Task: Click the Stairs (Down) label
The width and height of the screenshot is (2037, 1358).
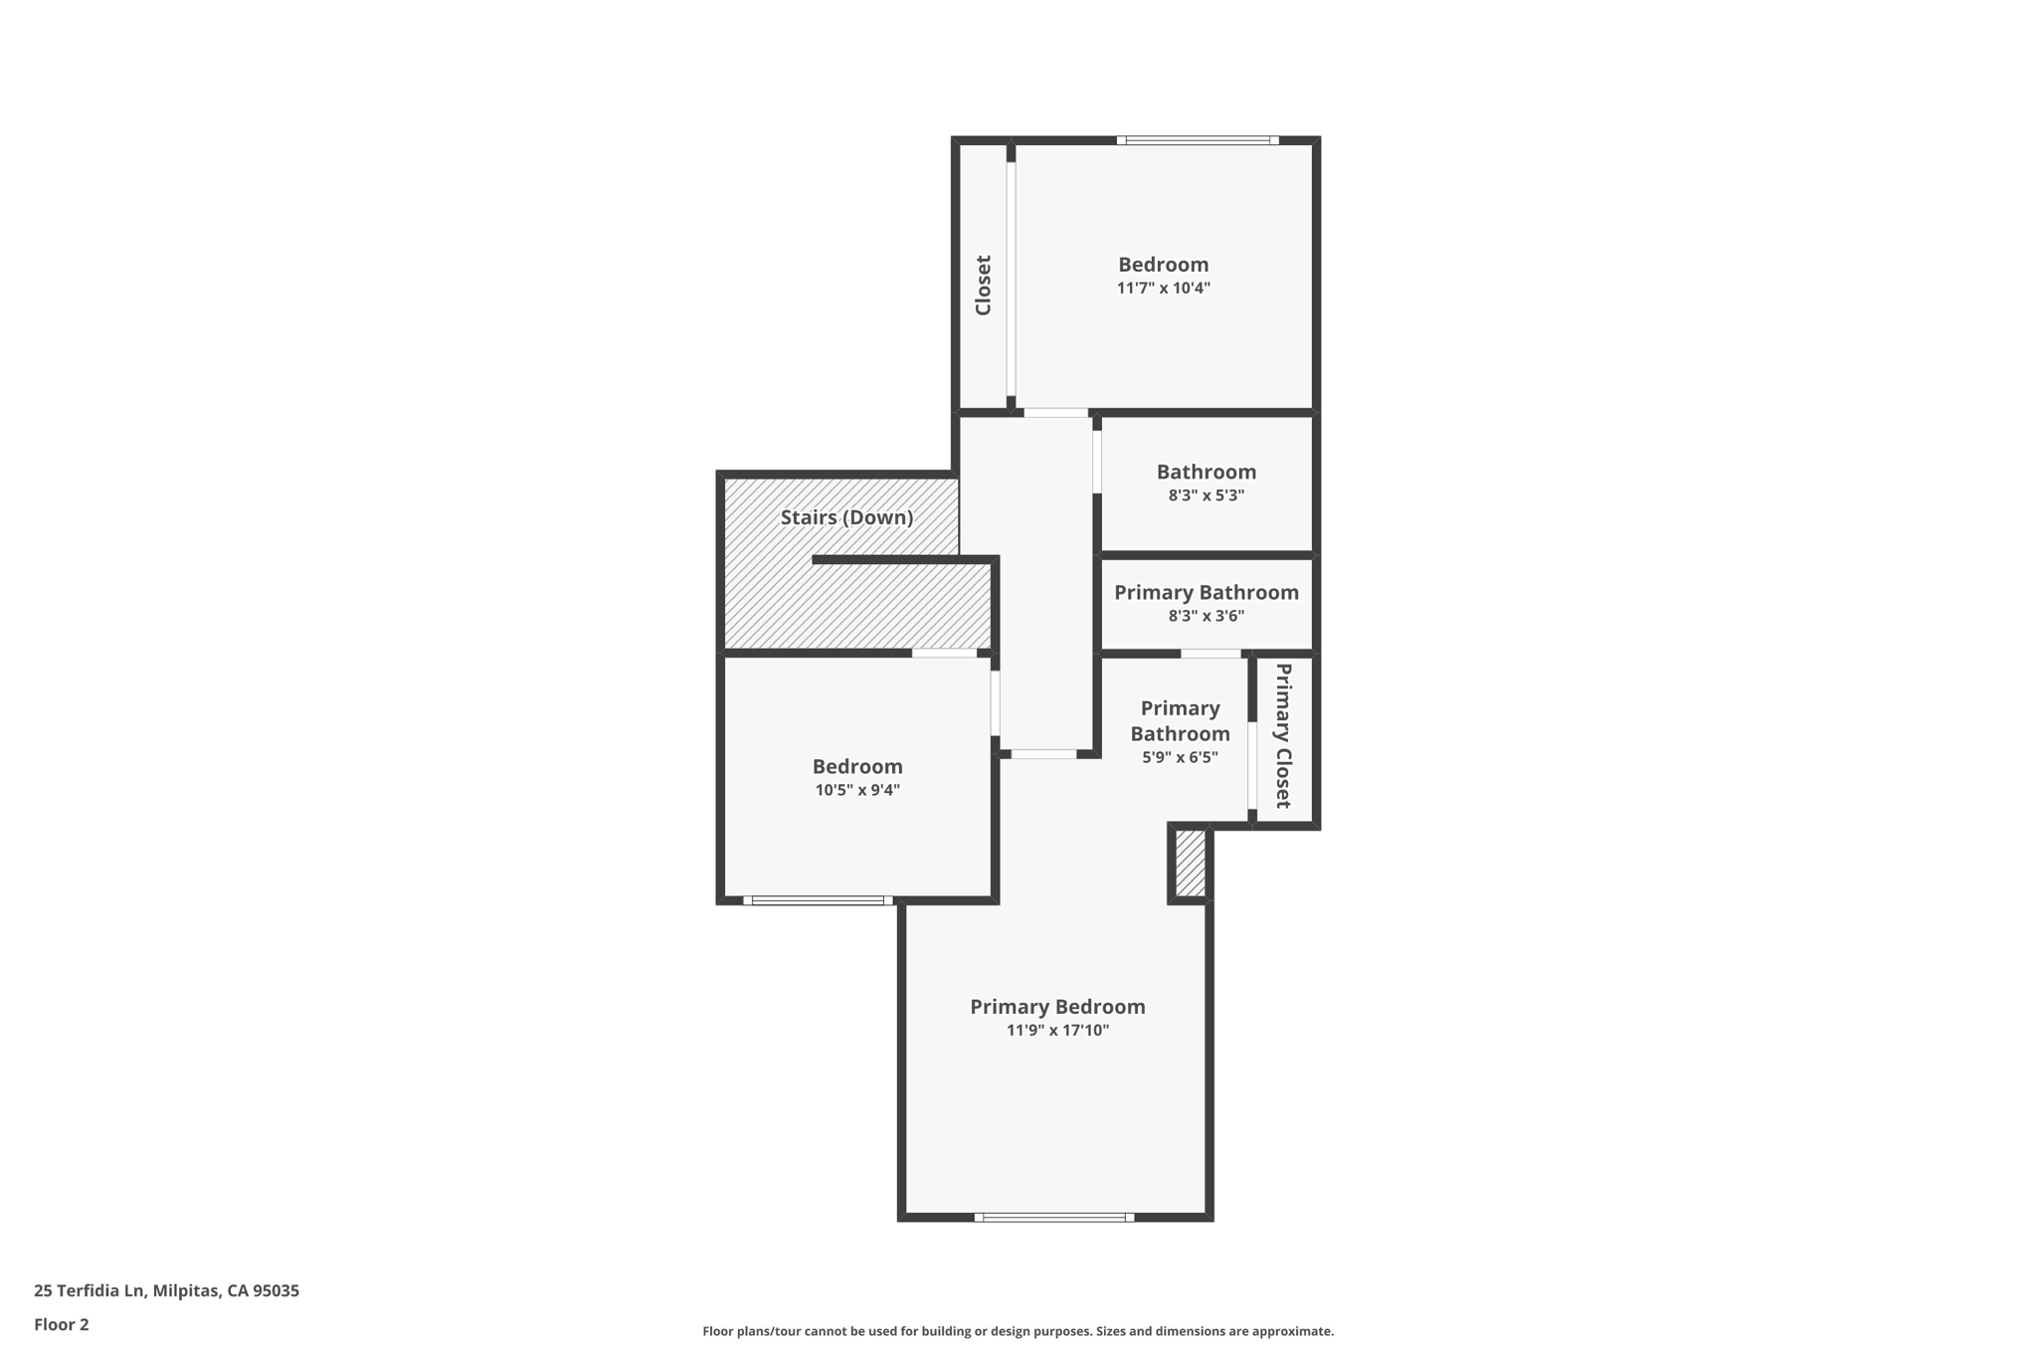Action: click(846, 517)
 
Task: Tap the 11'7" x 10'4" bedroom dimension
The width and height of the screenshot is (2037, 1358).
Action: click(1163, 289)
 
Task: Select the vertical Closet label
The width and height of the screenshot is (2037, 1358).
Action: click(983, 286)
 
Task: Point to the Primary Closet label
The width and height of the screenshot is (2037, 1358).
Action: click(1283, 735)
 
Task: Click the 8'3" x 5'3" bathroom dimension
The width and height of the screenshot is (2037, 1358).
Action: click(1205, 495)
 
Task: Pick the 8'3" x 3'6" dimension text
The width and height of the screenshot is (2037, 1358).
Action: click(1205, 616)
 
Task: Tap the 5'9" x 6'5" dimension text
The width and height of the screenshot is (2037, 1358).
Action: click(1180, 757)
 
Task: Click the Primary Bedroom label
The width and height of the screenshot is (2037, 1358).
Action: click(1057, 1007)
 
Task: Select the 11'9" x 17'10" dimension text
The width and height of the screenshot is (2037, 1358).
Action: click(1057, 1031)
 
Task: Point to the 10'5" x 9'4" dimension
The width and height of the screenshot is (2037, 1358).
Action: click(857, 791)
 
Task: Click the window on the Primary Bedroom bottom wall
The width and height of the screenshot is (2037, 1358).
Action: click(1053, 1217)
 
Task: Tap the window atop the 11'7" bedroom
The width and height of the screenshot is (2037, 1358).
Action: click(1198, 140)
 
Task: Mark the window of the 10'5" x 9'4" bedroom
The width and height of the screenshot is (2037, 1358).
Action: click(818, 900)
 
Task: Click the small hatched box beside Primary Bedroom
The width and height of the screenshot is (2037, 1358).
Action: click(1190, 864)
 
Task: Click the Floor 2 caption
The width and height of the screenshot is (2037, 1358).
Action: click(62, 1324)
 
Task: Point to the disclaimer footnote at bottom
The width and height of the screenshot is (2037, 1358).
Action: click(1018, 1331)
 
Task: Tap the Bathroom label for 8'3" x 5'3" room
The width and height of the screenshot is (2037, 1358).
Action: click(1205, 472)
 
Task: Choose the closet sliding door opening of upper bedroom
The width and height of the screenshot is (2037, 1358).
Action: click(1011, 279)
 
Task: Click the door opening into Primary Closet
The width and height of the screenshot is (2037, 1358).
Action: click(1252, 766)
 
